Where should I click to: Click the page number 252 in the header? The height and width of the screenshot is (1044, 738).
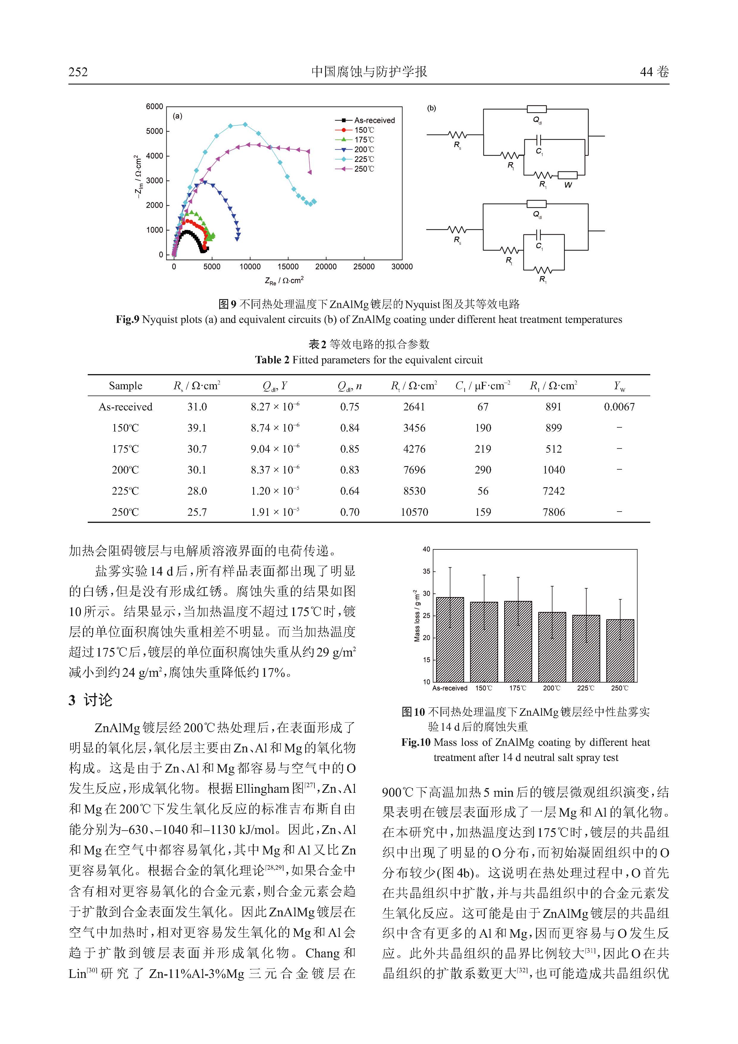click(x=78, y=72)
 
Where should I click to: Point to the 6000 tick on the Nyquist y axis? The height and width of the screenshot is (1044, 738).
click(x=154, y=107)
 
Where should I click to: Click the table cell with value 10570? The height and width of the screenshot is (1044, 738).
click(x=414, y=512)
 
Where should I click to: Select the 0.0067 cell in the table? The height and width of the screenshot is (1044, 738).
click(x=619, y=407)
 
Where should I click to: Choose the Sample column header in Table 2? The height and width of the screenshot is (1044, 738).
click(x=126, y=386)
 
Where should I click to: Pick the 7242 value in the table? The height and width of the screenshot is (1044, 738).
click(x=554, y=491)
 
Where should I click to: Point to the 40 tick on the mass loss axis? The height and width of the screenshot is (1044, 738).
click(x=426, y=549)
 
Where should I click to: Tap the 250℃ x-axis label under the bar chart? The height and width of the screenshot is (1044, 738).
click(x=620, y=688)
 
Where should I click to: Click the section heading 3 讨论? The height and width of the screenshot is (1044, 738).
click(x=90, y=700)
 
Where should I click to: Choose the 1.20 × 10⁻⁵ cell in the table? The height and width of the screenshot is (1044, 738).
click(x=275, y=491)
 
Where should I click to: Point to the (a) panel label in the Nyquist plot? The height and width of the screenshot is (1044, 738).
click(x=178, y=116)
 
